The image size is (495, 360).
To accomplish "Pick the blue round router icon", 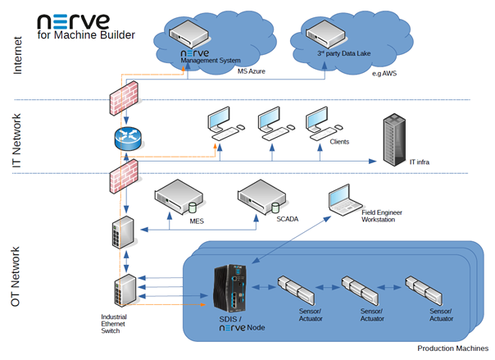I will tap(125, 139).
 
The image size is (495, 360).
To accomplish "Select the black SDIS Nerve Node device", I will tap(231, 292).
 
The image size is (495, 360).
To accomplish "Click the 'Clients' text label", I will tap(338, 142).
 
